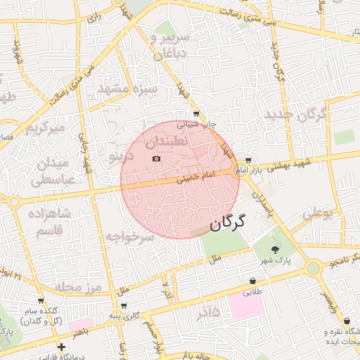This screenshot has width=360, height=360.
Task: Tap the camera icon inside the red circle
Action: (x=156, y=159)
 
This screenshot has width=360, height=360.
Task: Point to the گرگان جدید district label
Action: (x=292, y=112)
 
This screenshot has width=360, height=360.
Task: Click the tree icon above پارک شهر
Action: (x=275, y=249)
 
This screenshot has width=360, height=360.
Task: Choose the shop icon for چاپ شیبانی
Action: (x=195, y=113)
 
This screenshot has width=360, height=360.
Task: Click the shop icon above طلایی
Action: (x=252, y=281)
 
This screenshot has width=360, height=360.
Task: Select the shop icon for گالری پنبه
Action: (x=124, y=306)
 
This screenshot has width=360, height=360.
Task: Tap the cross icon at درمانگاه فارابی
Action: (x=62, y=347)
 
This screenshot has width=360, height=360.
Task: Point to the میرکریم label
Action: (x=46, y=129)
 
